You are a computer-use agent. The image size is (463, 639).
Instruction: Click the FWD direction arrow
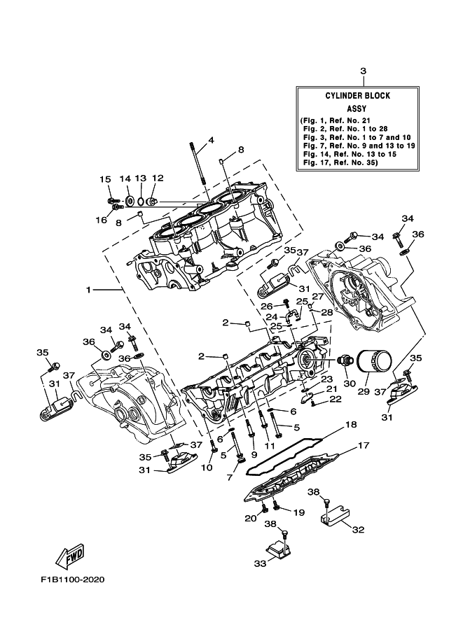[x=70, y=556]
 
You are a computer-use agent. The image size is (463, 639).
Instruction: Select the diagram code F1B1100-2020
[x=72, y=579]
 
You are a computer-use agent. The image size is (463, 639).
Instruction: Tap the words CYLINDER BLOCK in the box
[x=357, y=96]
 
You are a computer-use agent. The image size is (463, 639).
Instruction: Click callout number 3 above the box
[x=363, y=71]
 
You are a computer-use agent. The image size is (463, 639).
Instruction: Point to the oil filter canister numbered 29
[x=373, y=361]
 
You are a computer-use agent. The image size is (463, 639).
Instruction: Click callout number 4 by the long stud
[x=211, y=141]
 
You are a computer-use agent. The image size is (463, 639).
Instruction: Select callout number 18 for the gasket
[x=350, y=425]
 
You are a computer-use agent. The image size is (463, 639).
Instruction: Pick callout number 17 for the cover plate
[x=363, y=445]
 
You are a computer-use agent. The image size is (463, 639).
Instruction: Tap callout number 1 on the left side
[x=88, y=290]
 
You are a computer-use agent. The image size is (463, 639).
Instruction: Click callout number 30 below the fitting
[x=350, y=384]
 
